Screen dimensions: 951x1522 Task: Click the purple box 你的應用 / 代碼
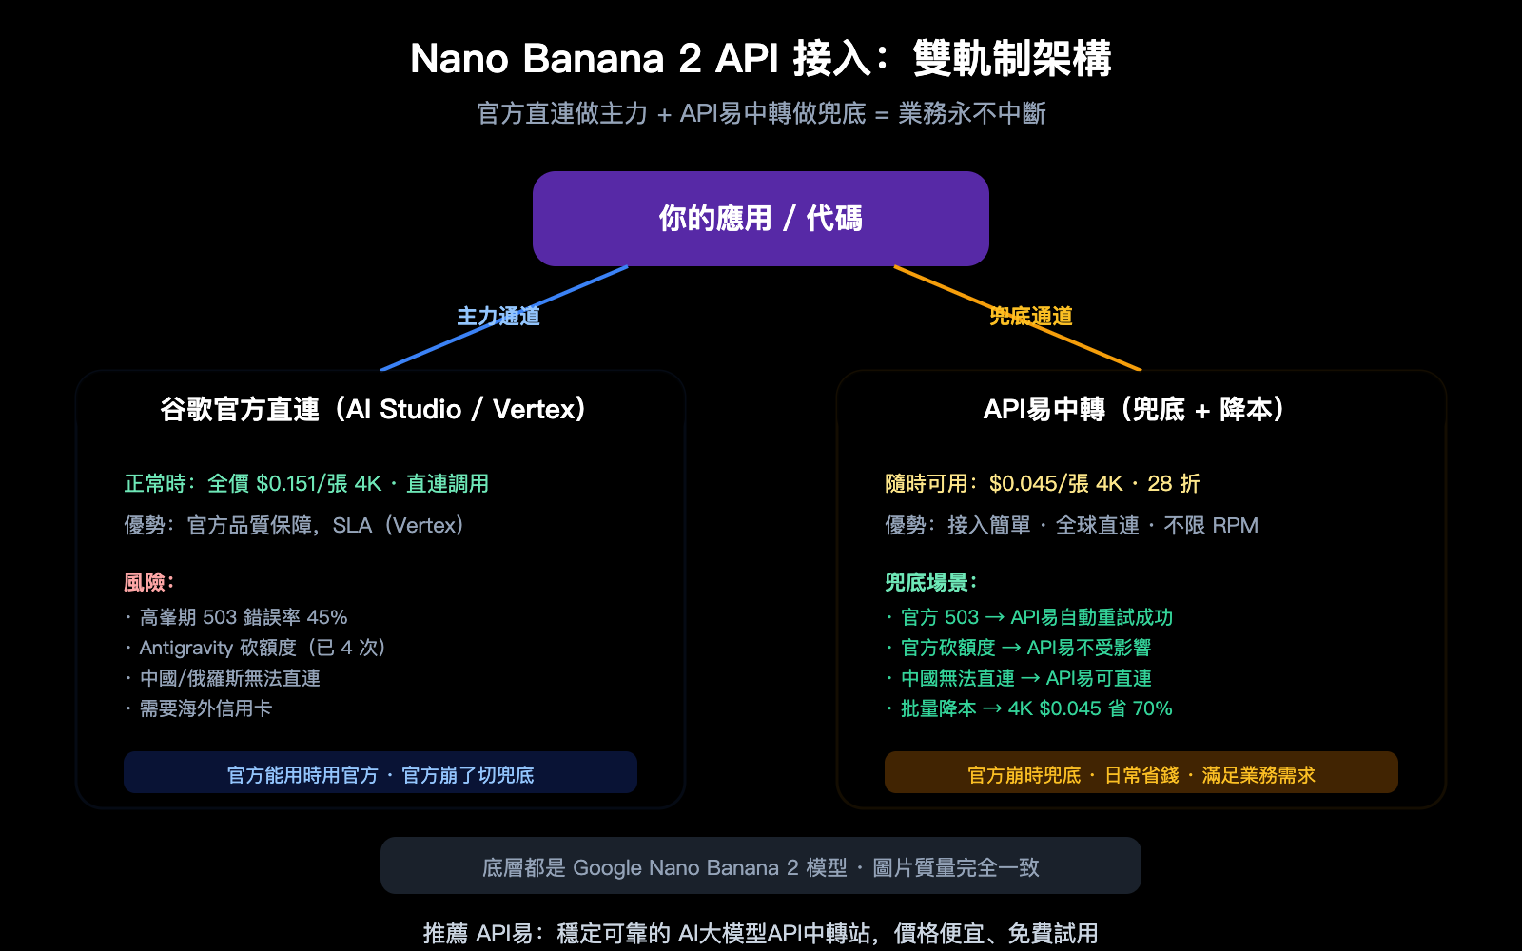(x=761, y=219)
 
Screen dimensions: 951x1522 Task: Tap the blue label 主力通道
(x=498, y=317)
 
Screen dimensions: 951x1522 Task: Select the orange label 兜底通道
(x=1031, y=317)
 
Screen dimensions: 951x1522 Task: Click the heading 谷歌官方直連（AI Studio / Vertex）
(x=373, y=410)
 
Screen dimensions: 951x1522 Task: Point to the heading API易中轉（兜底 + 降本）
(x=1134, y=410)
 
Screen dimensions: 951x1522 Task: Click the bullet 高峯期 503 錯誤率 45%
(x=244, y=618)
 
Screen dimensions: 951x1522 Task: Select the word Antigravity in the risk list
(x=185, y=649)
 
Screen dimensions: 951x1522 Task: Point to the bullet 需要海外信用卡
(x=205, y=709)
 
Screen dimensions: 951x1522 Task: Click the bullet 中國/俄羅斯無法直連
(x=229, y=679)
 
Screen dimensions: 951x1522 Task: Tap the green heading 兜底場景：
(x=931, y=582)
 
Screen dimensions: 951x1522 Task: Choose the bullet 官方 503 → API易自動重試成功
(x=1036, y=618)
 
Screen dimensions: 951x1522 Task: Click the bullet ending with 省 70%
(x=1036, y=709)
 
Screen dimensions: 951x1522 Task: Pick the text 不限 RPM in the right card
(x=1211, y=526)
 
